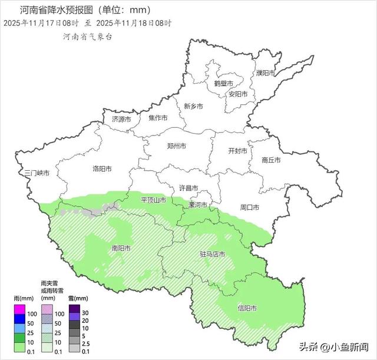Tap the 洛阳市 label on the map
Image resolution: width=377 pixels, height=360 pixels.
[102, 169]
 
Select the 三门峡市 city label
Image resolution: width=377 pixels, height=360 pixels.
[37, 173]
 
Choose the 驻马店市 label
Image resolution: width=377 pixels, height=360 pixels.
[212, 255]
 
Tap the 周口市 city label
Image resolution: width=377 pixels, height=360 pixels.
[250, 207]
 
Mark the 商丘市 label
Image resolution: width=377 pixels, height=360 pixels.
[271, 160]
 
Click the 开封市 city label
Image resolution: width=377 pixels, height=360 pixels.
[237, 151]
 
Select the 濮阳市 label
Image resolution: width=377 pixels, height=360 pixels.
[266, 73]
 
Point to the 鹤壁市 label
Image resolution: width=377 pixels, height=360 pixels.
[223, 84]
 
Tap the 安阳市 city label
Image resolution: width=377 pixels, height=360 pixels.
[237, 94]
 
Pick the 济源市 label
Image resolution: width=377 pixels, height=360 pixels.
[122, 119]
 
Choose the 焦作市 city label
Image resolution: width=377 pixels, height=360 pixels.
[158, 118]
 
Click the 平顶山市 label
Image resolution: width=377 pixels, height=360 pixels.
[153, 200]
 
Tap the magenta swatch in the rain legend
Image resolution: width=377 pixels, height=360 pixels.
[20, 310]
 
